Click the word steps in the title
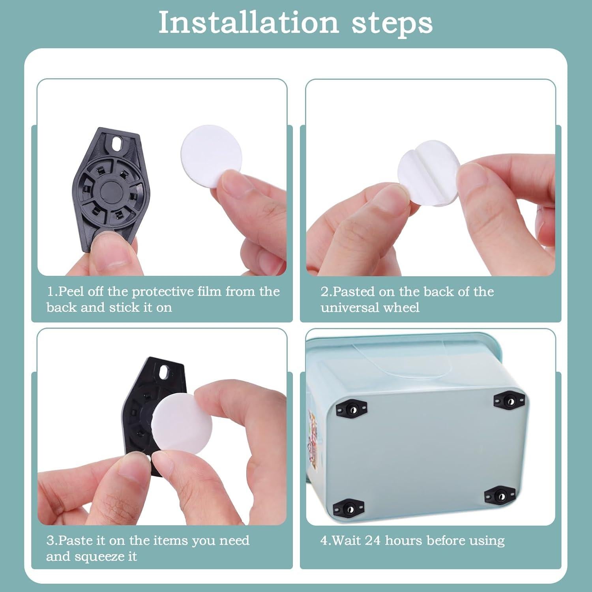tap(392, 24)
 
